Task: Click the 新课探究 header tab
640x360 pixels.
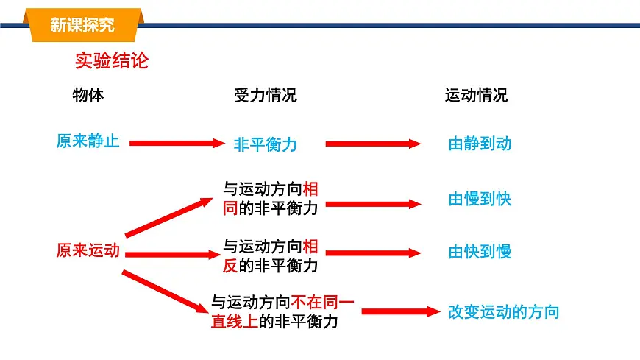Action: [x=82, y=25]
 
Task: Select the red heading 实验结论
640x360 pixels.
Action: [x=112, y=60]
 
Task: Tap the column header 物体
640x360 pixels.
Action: [x=88, y=96]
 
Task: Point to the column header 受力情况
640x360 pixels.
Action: [x=265, y=96]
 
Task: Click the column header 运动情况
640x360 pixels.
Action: [x=476, y=96]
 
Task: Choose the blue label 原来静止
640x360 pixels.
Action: [x=88, y=141]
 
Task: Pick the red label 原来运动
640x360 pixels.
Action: [x=88, y=251]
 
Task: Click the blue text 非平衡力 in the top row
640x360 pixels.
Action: [x=266, y=144]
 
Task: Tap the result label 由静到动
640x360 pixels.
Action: [x=480, y=144]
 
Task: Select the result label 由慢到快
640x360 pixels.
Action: [x=480, y=199]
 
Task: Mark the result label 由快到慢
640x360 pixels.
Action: [x=480, y=252]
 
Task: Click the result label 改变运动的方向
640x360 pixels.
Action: [x=504, y=311]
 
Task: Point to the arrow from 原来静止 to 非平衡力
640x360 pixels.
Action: [x=175, y=144]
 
